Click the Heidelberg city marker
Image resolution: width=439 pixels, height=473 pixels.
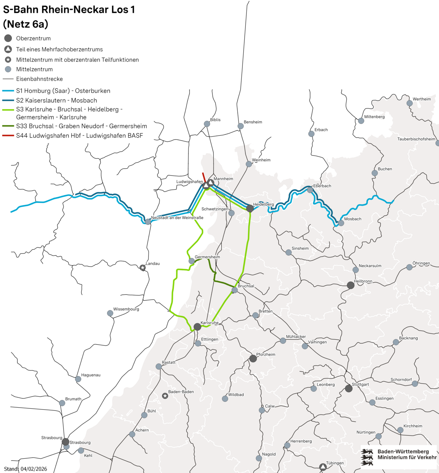point(250,209)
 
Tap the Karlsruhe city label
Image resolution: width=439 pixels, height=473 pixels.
point(209,323)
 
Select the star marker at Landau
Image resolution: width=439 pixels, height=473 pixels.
point(143,268)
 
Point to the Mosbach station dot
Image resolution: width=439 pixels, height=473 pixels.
point(341,223)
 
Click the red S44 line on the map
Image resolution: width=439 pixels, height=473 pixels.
point(204,177)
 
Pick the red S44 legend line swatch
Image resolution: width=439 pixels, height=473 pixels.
point(8,136)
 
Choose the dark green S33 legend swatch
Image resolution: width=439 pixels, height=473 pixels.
point(8,126)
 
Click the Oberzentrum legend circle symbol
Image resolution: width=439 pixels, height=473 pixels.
point(8,38)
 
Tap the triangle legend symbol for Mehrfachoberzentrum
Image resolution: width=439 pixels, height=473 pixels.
point(8,49)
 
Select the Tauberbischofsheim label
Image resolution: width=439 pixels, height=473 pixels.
point(416,139)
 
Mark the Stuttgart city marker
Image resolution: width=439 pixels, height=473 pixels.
point(349,389)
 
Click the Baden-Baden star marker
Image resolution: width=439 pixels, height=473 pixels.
point(165,396)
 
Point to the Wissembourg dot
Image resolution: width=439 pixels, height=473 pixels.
point(110,313)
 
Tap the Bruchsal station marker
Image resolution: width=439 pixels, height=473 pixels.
point(234,290)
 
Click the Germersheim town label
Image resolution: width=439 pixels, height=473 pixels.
point(207,257)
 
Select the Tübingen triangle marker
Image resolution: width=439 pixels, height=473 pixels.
point(323,467)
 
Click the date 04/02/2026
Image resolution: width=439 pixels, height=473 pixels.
point(34,469)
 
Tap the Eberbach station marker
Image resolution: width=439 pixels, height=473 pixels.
point(310,190)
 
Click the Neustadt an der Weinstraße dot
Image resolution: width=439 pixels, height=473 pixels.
point(148,222)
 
